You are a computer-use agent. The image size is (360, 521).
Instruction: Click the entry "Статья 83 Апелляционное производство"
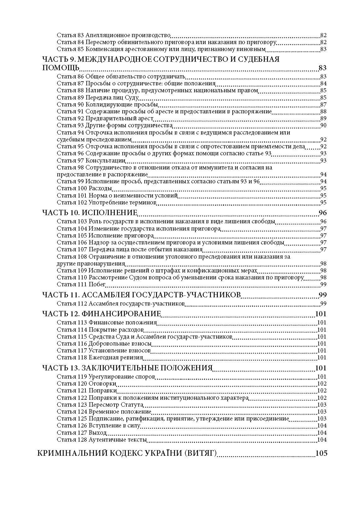113,35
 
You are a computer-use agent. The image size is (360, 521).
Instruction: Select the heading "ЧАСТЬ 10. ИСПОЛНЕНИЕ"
90,213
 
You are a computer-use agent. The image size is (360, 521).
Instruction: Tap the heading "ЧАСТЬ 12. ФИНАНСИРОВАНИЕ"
102,314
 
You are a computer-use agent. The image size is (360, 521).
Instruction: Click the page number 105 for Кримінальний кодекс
321,453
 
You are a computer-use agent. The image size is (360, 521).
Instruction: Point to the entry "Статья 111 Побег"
81,284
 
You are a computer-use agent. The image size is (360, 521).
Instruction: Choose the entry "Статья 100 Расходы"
84,188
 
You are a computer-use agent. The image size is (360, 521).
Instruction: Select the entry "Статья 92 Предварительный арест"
105,118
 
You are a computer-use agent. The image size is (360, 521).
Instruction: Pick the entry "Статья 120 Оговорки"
86,384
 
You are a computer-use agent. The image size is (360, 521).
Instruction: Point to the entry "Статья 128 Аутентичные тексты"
102,439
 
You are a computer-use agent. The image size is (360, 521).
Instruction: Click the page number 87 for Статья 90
323,105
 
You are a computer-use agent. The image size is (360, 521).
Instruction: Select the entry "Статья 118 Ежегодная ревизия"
100,358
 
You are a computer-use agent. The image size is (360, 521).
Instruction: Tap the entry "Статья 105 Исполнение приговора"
105,236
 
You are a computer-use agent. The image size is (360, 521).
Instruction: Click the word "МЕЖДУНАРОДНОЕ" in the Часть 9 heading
122,59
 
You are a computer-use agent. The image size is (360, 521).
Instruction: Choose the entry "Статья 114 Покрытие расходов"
100,330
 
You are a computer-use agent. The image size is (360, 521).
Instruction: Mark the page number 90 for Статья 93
323,125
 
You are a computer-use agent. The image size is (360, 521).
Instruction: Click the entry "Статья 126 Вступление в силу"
98,426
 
